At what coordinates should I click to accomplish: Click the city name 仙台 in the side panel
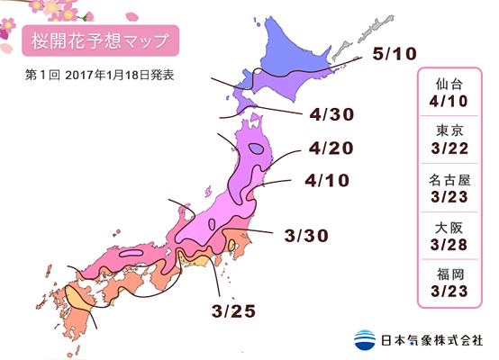[448, 81]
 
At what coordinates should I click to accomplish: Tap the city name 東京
[448, 130]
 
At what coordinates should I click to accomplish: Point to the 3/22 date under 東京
[448, 148]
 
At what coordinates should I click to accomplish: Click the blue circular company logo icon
[365, 341]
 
